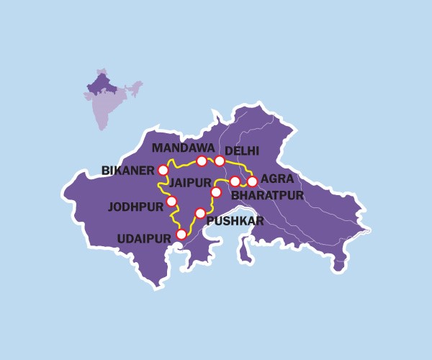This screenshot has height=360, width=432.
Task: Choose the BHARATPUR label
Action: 267,195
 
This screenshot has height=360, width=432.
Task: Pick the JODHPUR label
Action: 135,207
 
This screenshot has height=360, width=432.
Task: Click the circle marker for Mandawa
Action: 202,161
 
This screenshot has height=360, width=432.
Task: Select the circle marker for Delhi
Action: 220,161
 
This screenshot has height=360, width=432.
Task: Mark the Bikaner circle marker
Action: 163,171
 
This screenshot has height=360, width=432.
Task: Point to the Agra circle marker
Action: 252,181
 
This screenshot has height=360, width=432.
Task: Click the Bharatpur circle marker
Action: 235,181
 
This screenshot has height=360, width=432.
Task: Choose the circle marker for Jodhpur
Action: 171,201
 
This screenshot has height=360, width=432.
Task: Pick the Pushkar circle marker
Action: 200,213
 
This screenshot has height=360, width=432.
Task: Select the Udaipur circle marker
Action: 181,234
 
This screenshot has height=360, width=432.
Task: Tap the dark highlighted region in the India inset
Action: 100,86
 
